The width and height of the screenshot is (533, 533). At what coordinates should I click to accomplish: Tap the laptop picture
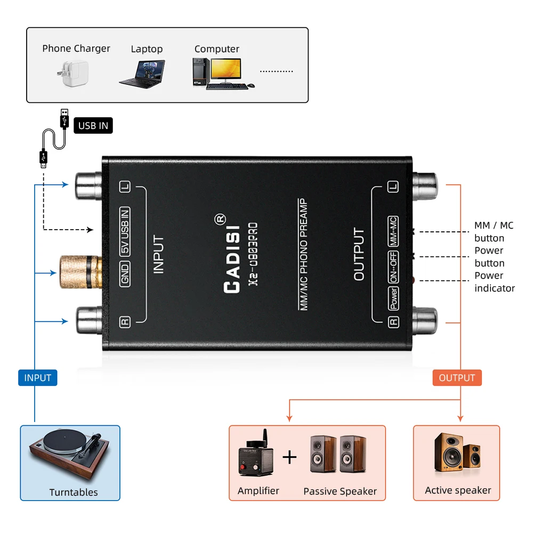[142, 73]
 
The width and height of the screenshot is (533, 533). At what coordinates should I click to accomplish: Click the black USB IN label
[93, 126]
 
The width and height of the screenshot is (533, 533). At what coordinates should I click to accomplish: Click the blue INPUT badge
[37, 378]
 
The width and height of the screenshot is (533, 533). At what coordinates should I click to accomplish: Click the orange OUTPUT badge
[457, 378]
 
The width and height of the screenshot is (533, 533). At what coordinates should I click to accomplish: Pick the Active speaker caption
[458, 490]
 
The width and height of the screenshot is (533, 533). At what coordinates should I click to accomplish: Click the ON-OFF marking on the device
[393, 266]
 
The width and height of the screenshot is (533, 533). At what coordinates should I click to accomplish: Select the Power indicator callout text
[494, 282]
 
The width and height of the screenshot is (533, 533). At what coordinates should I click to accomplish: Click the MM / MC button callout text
[493, 232]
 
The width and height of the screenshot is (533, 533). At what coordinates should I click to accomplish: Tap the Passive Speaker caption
[340, 491]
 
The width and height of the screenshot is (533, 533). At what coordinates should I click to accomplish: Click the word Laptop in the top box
[147, 49]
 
